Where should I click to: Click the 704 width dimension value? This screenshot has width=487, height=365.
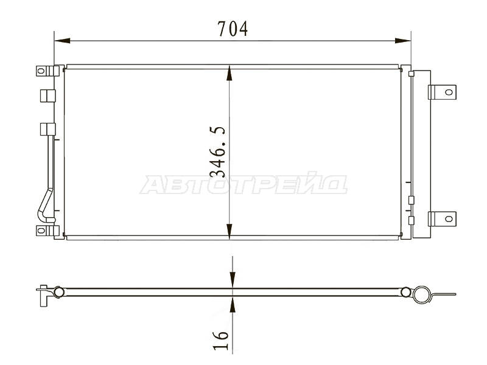point(233,29)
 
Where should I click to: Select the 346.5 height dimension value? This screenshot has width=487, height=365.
point(217,151)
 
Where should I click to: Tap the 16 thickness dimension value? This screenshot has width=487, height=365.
point(220,340)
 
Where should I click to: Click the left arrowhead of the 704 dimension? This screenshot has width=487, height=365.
point(62,41)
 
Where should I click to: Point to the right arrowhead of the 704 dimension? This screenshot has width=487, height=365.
point(403,41)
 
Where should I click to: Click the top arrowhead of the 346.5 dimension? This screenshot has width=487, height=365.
point(229,73)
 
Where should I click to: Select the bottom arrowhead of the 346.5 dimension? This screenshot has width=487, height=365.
point(229,231)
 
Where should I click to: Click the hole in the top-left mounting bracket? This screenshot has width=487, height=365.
point(41,71)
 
